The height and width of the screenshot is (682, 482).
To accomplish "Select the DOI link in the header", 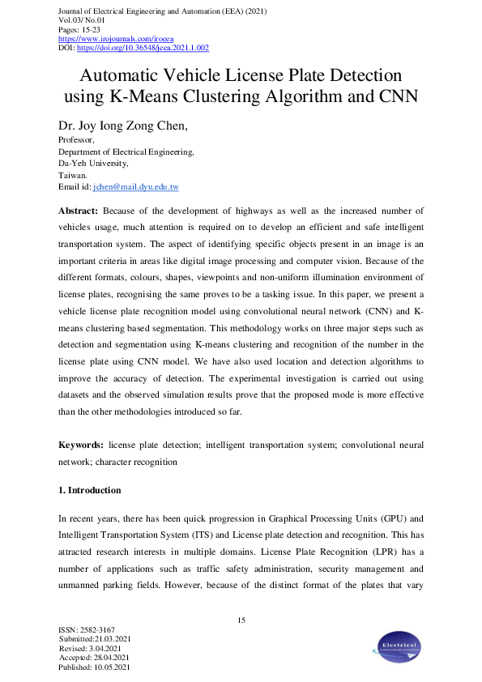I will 143,48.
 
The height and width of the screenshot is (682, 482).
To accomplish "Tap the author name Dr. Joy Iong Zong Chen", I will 137,127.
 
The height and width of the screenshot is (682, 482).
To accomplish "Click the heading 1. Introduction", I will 89,490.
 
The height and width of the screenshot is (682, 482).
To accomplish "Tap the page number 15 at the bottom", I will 241,620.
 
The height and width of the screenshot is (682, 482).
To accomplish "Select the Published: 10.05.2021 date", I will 95,667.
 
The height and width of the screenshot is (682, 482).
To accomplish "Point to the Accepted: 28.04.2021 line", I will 94,658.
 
